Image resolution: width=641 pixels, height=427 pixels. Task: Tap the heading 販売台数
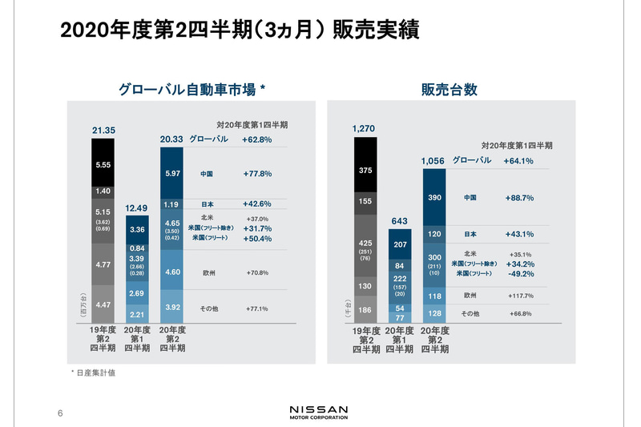click(449, 91)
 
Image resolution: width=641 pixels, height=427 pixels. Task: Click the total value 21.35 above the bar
click(104, 130)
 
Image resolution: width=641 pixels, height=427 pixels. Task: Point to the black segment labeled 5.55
click(104, 165)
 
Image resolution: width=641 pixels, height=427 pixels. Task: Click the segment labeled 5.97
click(173, 173)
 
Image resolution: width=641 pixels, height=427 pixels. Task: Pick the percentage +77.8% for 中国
click(257, 173)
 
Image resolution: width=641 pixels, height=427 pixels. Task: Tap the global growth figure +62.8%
click(257, 139)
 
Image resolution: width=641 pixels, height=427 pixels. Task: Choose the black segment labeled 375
click(365, 170)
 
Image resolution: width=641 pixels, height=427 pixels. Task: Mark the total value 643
click(399, 220)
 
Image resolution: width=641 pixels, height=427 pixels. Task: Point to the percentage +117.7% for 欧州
click(519, 296)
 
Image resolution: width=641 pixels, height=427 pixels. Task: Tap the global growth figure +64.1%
click(519, 160)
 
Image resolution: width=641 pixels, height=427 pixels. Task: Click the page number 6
click(60, 413)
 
